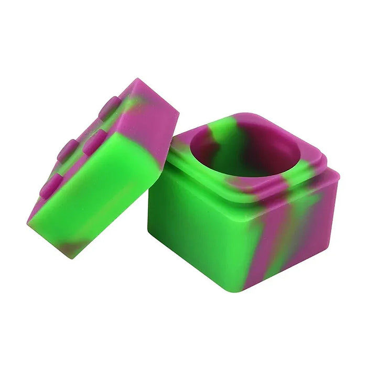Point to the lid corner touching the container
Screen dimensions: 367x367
[x=160, y=166]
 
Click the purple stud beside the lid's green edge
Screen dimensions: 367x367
[x=94, y=142]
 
